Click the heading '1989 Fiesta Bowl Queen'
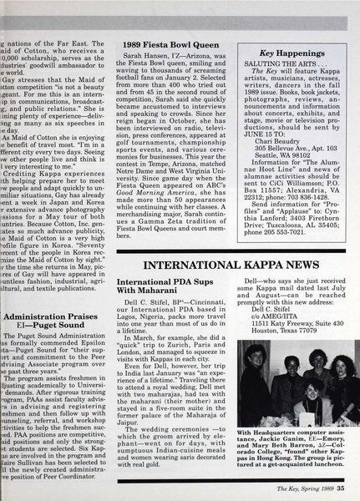[x=162, y=42]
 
